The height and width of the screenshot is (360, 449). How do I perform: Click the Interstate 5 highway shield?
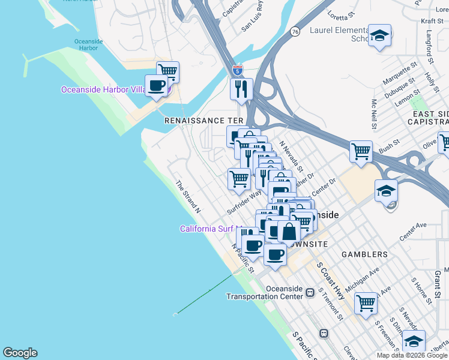coord(238,70)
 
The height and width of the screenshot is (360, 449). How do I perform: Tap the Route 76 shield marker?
coord(295,32)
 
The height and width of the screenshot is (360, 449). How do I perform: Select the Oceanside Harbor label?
coord(86,44)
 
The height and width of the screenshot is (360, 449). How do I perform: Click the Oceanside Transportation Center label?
coord(264,292)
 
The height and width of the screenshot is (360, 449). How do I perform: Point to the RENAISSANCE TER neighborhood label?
coord(203,120)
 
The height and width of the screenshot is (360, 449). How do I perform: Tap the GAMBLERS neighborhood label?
coord(364,254)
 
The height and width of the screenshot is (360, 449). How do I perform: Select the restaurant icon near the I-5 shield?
coord(241,89)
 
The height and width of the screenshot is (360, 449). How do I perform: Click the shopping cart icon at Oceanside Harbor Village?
coord(168,71)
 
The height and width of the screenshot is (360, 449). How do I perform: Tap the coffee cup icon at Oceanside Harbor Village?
coord(157,86)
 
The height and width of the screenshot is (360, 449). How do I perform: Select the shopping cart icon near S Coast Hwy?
coord(365,302)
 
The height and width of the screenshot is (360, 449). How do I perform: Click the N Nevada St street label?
coord(292,157)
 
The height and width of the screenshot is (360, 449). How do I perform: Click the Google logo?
coord(20,353)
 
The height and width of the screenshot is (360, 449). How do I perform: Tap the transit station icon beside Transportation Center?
coord(310,293)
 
